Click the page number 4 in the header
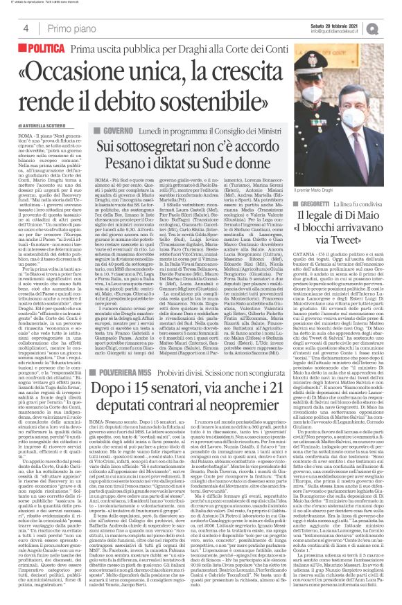(26, 28)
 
